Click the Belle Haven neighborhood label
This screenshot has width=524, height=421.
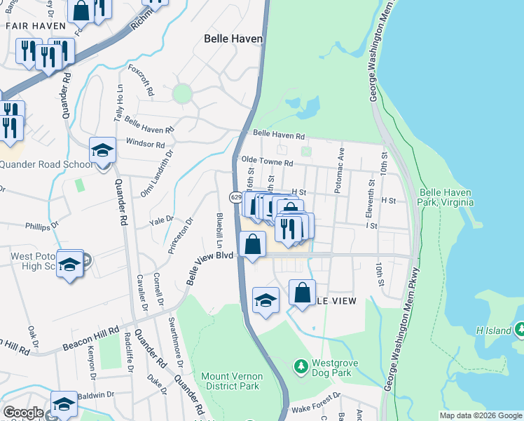tap(233, 40)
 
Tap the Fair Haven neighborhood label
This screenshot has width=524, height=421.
tap(30, 25)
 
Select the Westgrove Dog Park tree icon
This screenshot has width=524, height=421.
tap(300, 366)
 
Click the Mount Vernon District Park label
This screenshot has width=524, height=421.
tap(230, 381)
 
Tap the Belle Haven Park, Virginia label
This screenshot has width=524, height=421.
tap(446, 197)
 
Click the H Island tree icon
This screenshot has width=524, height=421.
tap(520, 329)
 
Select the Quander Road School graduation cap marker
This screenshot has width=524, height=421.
tap(103, 151)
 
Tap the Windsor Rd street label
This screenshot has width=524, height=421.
tap(145, 144)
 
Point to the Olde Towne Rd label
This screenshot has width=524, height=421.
tap(267, 161)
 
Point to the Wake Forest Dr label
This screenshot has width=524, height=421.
tap(314, 408)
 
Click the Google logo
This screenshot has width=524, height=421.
tap(23, 413)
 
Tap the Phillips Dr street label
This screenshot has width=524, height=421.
tap(39, 227)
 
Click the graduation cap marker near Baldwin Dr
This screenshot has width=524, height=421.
tap(64, 404)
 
